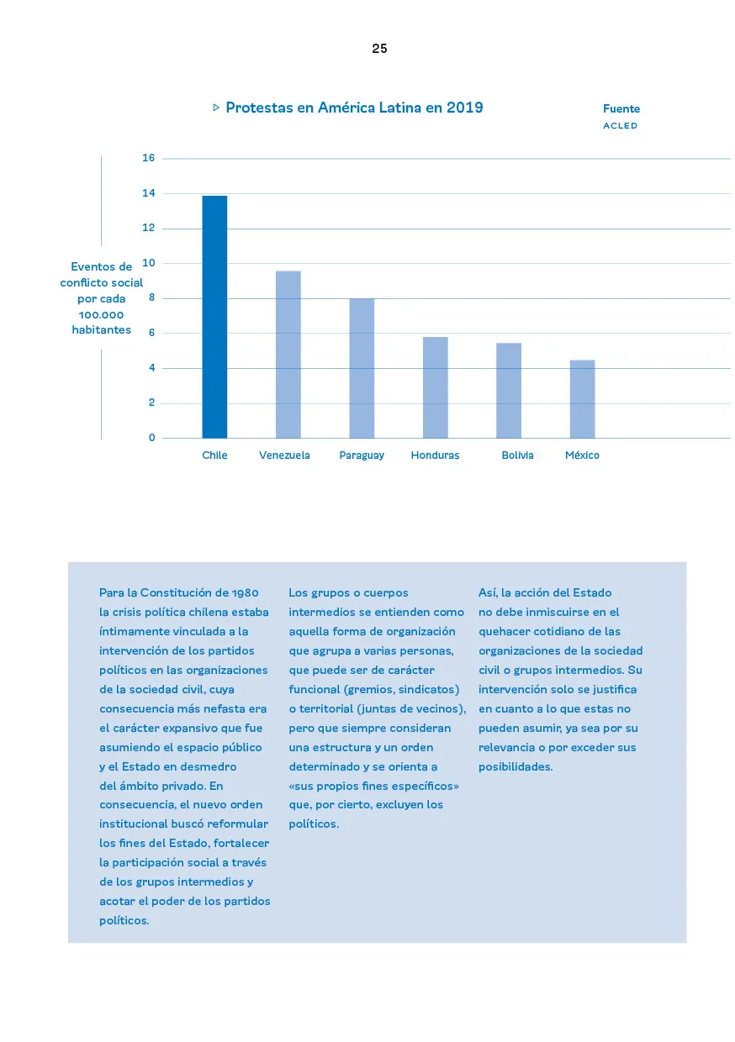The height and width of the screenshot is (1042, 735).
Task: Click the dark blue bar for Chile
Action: tap(214, 317)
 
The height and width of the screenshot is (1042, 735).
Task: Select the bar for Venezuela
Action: tap(288, 355)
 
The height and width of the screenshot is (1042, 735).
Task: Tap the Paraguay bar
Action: tap(362, 368)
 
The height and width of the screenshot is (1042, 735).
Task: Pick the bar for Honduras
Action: tap(435, 387)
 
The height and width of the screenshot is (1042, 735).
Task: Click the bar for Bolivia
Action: tap(509, 391)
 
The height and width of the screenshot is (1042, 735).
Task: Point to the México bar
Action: tap(582, 399)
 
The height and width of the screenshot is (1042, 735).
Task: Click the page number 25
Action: tap(379, 49)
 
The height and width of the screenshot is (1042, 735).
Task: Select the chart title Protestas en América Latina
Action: tap(354, 108)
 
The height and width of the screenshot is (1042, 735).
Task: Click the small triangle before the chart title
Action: tap(216, 108)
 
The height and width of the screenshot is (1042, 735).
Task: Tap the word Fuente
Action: tap(621, 109)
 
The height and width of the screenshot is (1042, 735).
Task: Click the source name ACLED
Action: tap(620, 126)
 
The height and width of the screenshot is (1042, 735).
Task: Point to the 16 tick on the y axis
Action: tap(149, 158)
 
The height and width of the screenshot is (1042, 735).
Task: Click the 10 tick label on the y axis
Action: tap(149, 263)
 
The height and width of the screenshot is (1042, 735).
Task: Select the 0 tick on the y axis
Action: tap(152, 438)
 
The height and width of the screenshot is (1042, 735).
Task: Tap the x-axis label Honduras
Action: tap(435, 455)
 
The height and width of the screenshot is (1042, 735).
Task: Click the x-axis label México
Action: tap(582, 455)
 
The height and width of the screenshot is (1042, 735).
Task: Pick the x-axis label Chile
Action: tap(214, 455)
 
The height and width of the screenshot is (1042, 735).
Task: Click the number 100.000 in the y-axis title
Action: tap(101, 314)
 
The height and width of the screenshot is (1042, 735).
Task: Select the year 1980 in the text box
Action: tap(245, 593)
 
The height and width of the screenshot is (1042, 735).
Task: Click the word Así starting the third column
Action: tap(488, 593)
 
